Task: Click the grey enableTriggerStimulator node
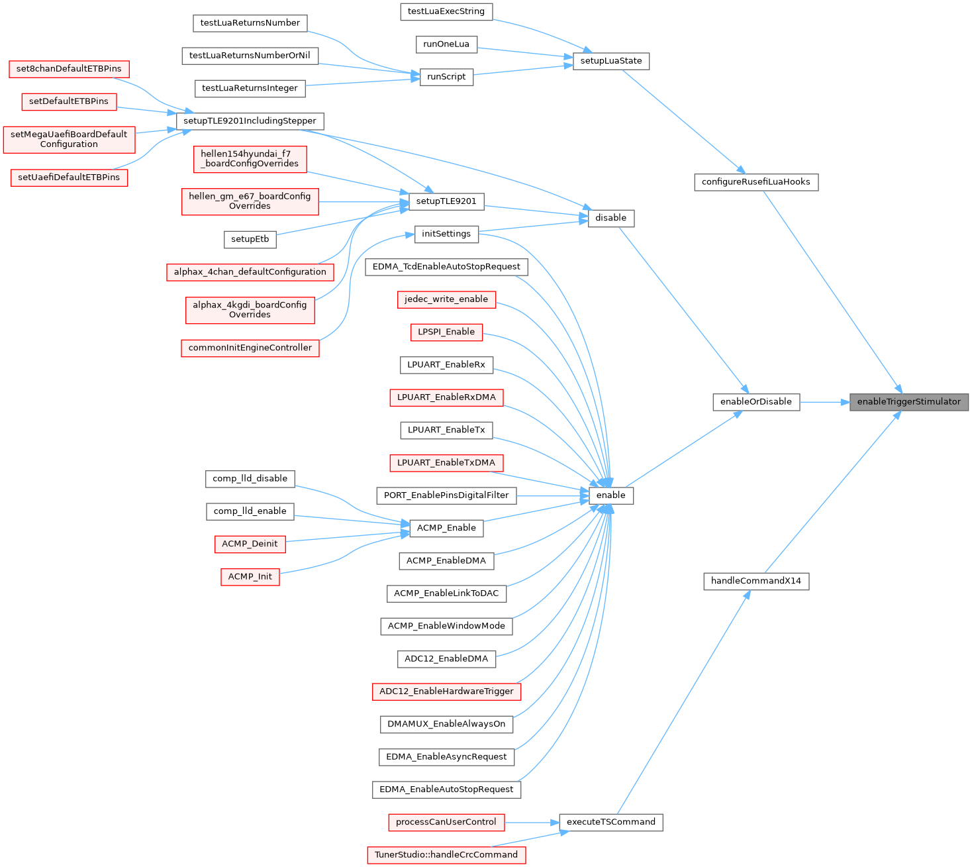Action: point(908,401)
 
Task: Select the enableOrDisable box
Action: point(755,401)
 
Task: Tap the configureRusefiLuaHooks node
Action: point(755,181)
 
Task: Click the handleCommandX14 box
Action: point(755,581)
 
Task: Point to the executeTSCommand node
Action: point(610,822)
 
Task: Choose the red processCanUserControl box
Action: point(446,822)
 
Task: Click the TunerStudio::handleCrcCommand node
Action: point(446,854)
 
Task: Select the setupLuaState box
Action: point(610,61)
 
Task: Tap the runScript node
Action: point(446,77)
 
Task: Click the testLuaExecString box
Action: point(446,11)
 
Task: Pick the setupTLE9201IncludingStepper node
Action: point(250,121)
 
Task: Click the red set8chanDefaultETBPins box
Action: point(69,69)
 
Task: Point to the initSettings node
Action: point(446,234)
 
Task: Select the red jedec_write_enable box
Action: point(446,299)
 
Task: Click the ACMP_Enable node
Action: point(446,528)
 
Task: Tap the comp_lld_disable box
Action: point(250,478)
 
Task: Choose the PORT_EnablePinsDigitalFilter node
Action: point(446,495)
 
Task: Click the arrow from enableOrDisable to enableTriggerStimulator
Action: point(824,401)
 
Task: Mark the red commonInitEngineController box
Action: point(250,348)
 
